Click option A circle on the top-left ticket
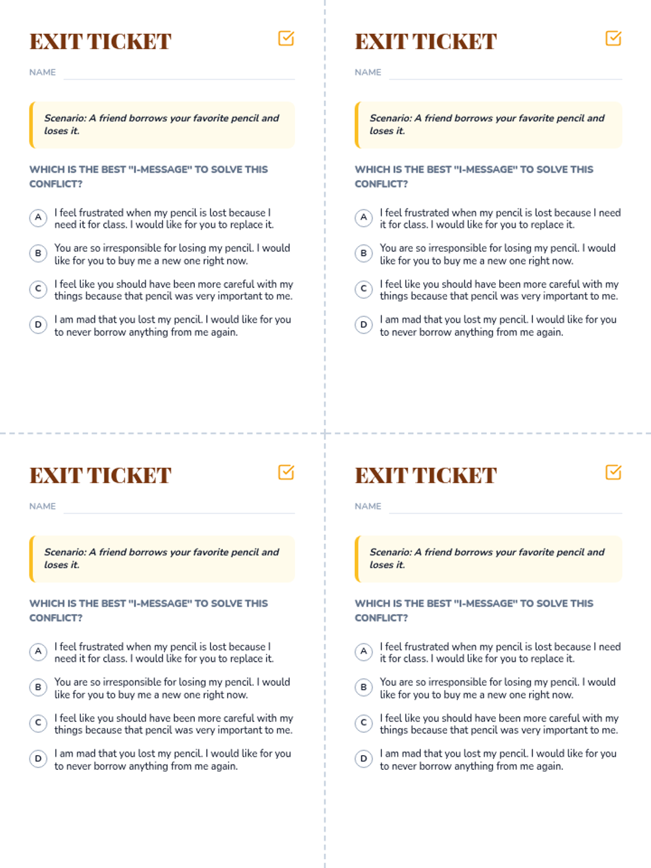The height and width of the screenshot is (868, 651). [39, 218]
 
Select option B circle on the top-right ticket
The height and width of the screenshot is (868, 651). [363, 253]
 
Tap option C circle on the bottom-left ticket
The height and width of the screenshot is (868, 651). [39, 723]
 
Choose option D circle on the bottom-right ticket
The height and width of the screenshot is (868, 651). [363, 758]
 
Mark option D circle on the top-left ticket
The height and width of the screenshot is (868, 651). [39, 324]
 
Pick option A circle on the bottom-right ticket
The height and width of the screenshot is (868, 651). [363, 652]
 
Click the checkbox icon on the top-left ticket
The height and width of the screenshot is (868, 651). [286, 39]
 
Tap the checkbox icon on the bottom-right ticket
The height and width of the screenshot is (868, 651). [614, 472]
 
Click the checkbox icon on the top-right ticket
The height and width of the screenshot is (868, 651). [614, 39]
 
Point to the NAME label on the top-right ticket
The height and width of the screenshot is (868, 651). [368, 72]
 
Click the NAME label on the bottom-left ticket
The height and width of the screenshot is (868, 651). [43, 506]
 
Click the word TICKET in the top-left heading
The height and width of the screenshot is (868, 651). [129, 42]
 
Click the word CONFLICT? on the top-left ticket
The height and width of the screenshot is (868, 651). [56, 184]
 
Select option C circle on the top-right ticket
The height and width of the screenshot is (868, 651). [363, 289]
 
